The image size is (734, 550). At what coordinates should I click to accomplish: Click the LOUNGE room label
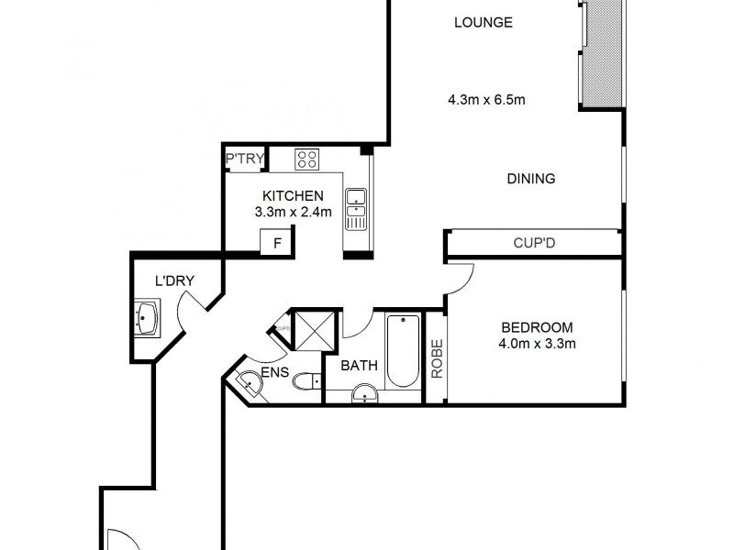pyautogui.click(x=484, y=23)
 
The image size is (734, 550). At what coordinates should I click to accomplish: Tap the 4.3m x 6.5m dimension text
pyautogui.click(x=486, y=100)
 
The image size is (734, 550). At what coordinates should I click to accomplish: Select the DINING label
pyautogui.click(x=530, y=179)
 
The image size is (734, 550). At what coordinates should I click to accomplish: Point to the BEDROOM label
pyautogui.click(x=537, y=327)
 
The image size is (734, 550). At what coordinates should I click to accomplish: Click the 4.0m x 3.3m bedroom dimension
pyautogui.click(x=537, y=345)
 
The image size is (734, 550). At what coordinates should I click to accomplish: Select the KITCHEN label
pyautogui.click(x=293, y=195)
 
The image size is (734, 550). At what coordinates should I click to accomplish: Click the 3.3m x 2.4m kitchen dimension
pyautogui.click(x=293, y=212)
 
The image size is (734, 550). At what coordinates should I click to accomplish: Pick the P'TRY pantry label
pyautogui.click(x=245, y=160)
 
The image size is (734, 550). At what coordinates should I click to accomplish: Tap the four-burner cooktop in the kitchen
pyautogui.click(x=306, y=159)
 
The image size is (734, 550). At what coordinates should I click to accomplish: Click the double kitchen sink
pyautogui.click(x=355, y=209)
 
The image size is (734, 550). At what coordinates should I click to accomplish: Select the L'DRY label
pyautogui.click(x=172, y=281)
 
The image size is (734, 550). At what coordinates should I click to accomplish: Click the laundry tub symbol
pyautogui.click(x=147, y=319)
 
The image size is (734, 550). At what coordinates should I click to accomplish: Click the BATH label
pyautogui.click(x=360, y=366)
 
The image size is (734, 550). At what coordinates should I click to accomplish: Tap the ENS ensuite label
pyautogui.click(x=276, y=373)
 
